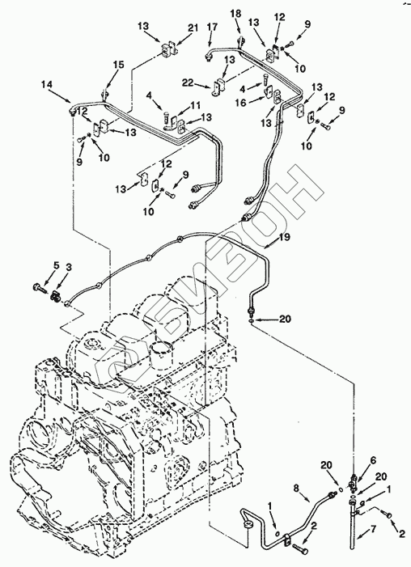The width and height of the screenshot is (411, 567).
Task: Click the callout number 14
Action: point(47,85)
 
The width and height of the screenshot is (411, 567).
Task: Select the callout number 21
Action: point(193,28)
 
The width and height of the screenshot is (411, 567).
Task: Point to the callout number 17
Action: point(212,27)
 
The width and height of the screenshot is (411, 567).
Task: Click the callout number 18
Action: point(235,14)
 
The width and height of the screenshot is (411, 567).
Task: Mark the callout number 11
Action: point(195,106)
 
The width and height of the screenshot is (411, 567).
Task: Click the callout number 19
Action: point(284,237)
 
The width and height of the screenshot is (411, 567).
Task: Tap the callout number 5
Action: point(56,266)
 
